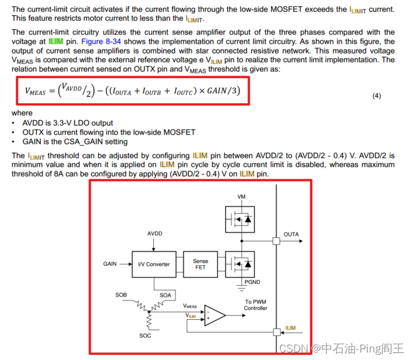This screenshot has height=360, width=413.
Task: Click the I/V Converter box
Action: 154,264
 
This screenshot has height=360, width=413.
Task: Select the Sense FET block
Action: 200,264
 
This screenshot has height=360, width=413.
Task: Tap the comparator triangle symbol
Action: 214,315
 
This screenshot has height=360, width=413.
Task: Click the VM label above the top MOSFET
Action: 241,197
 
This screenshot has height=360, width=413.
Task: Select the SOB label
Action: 121,295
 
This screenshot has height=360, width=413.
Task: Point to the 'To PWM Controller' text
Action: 256,305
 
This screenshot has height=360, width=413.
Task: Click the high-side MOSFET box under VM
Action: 241,219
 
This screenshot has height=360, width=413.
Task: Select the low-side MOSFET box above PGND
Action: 241,264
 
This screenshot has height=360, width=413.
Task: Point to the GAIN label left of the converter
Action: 111,264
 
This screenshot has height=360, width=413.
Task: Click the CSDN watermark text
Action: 290,348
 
